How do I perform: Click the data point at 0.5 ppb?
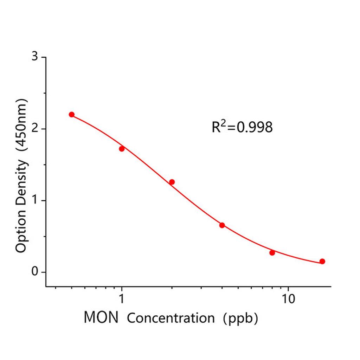point(72,115)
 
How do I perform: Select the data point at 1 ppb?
point(122,149)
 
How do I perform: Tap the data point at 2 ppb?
point(172,182)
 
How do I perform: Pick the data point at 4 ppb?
point(222,225)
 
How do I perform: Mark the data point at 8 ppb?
point(272,252)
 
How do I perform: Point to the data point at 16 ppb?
point(322,261)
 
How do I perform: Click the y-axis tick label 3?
point(35,57)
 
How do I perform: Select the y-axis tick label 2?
point(35,129)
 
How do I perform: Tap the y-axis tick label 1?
point(35,201)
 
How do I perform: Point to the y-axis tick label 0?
point(35,272)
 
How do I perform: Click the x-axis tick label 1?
point(122,299)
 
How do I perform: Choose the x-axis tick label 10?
point(288,299)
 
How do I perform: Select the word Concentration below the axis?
point(171,318)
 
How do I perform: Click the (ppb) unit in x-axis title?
point(241,318)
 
